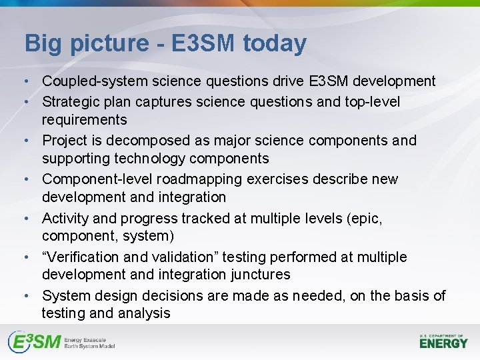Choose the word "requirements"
pyautogui.click(x=84, y=120)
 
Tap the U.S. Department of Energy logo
pyautogui.click(x=443, y=341)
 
